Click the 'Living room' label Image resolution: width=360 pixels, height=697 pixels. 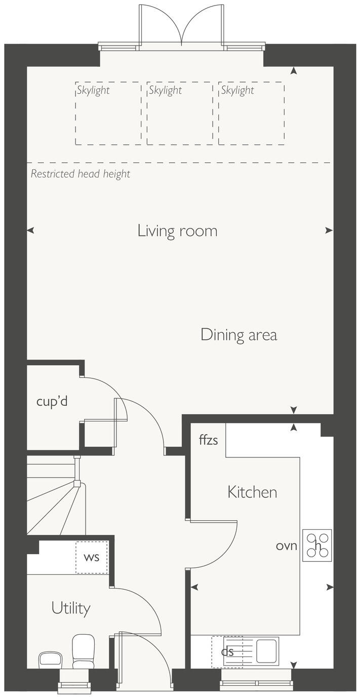click(177, 231)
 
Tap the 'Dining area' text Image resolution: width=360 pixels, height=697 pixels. click(238, 335)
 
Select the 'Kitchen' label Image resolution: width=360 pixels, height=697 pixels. click(252, 492)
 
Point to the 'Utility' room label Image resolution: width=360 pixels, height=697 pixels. click(71, 608)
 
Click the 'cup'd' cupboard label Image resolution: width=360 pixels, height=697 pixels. click(52, 402)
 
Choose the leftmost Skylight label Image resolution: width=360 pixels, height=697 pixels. click(93, 91)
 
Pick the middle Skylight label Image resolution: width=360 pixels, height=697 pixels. click(165, 91)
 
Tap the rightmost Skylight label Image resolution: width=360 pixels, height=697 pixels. click(237, 91)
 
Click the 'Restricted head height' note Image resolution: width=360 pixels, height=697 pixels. click(81, 174)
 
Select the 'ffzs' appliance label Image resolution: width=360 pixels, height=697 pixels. click(208, 440)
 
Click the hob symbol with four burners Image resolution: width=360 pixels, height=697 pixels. click(317, 545)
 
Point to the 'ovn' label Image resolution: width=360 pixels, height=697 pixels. click(286, 546)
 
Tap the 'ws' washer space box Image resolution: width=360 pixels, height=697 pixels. click(92, 557)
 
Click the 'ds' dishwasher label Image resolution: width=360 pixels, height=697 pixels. click(227, 651)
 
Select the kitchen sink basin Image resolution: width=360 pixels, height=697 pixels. click(266, 651)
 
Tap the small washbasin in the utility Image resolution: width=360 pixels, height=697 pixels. click(50, 660)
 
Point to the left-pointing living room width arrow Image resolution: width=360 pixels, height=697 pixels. click(30, 230)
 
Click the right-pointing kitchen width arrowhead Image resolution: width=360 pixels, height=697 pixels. click(330, 587)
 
